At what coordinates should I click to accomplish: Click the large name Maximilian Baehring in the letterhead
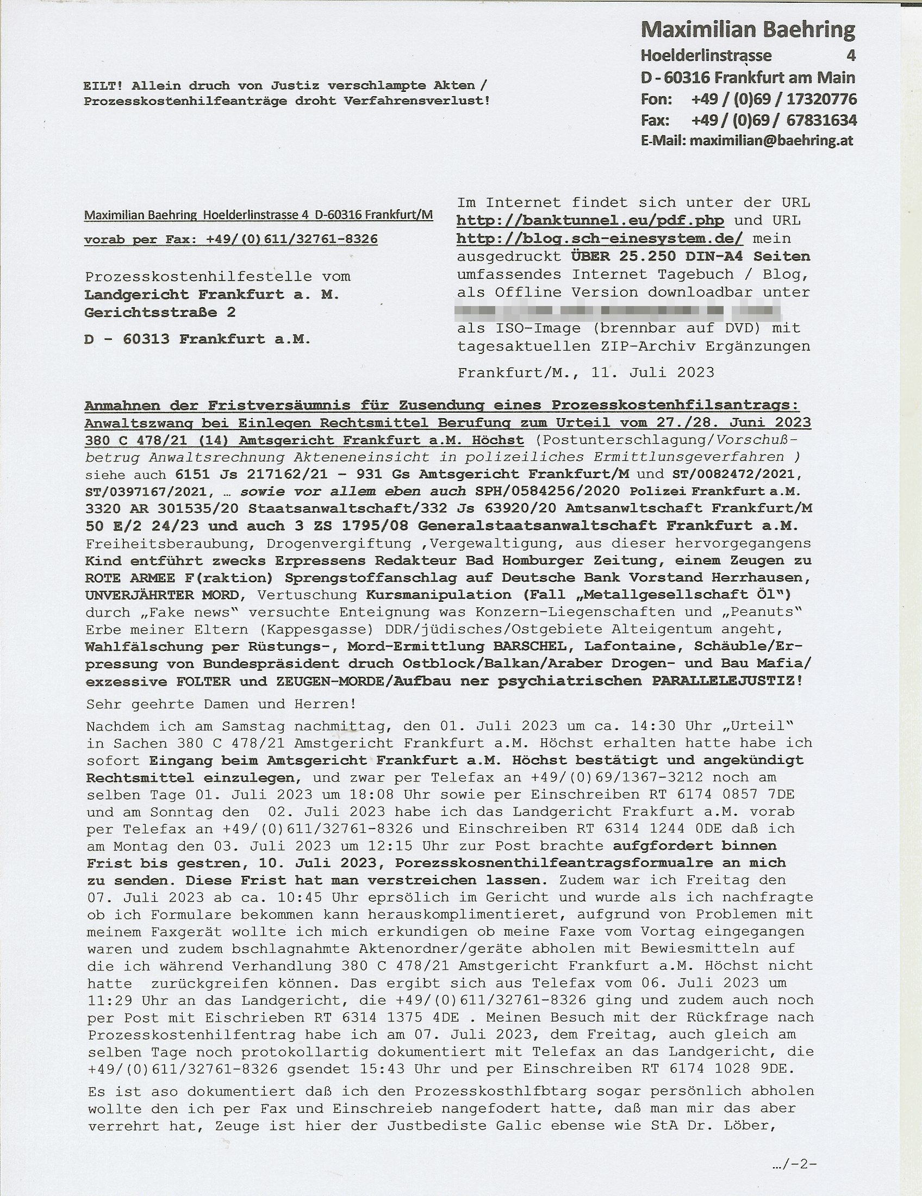pos(747,29)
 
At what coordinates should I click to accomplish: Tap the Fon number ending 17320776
pos(774,99)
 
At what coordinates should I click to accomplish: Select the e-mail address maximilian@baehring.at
pos(771,141)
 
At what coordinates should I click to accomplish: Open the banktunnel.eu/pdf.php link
pos(590,221)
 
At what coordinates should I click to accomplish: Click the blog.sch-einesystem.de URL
pos(600,239)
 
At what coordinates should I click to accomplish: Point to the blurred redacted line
pos(619,311)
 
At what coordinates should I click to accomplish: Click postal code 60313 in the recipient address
pos(146,339)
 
